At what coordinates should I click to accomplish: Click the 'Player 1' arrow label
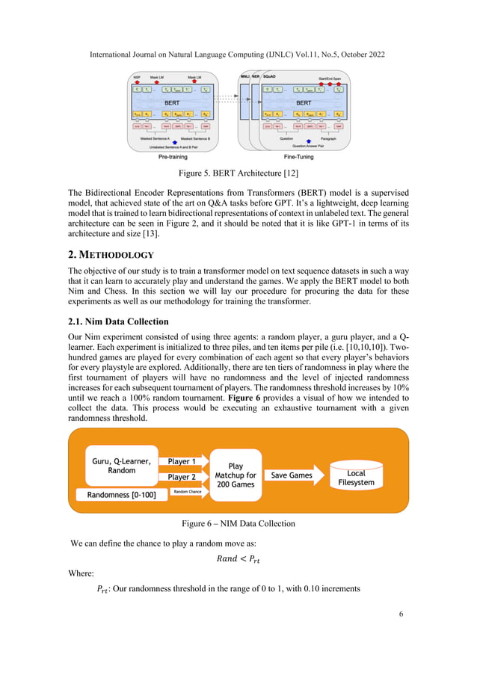click(x=182, y=461)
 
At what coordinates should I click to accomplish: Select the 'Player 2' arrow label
click(x=182, y=477)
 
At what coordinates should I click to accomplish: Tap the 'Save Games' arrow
click(x=292, y=475)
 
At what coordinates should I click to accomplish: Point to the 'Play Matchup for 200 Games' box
click(x=235, y=475)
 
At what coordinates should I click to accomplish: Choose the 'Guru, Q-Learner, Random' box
click(x=121, y=465)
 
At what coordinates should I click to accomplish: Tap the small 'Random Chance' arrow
click(x=190, y=491)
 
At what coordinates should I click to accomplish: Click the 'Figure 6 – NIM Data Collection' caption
click(x=238, y=524)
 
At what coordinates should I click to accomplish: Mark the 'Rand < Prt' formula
click(x=238, y=558)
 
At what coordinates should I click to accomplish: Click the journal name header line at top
click(x=238, y=55)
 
